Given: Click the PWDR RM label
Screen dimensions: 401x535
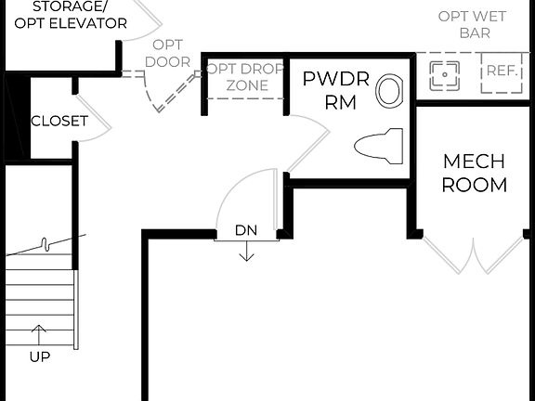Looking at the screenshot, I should point(335,90).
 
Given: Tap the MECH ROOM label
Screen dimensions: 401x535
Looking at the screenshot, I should point(474,173).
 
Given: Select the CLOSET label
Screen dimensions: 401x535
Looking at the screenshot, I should point(59,122).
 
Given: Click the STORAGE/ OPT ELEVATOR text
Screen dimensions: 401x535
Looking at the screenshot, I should point(67,14).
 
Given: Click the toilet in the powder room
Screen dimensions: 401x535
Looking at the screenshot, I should point(377,146).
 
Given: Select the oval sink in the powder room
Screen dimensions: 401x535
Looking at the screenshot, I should point(389,90).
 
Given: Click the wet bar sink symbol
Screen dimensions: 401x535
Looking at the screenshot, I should point(445,74).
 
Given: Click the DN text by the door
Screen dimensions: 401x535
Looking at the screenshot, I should point(245,230).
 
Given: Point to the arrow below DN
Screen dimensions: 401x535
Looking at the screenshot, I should point(245,252).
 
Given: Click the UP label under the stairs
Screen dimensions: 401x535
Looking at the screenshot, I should point(39,356).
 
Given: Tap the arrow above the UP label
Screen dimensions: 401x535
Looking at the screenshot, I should point(39,333).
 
